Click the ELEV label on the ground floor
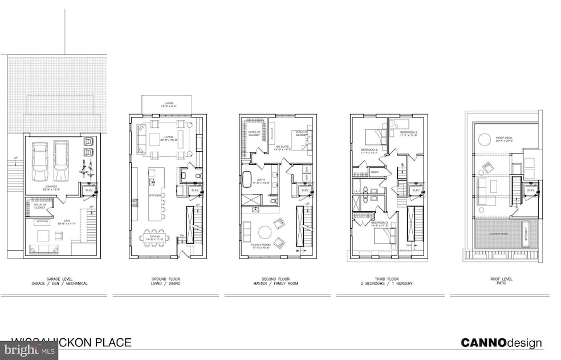pyautogui.click(x=194, y=190)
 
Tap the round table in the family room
pyautogui.click(x=265, y=232)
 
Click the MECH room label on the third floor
pyautogui.click(x=375, y=172)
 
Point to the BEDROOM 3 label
pyautogui.click(x=409, y=133)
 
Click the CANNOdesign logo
pyautogui.click(x=501, y=343)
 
